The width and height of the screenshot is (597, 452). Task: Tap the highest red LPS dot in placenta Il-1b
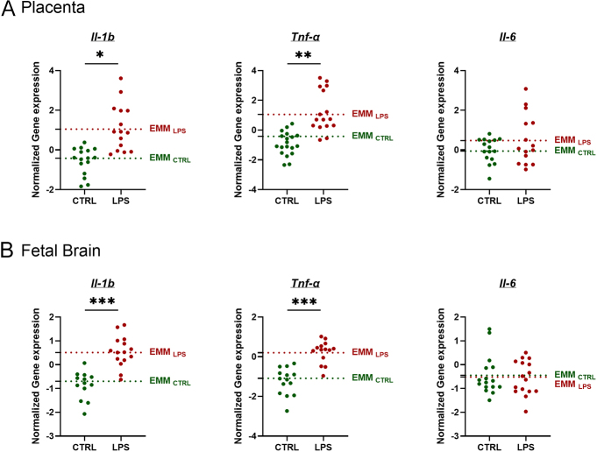120,79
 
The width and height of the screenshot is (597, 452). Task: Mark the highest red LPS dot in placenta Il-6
526,89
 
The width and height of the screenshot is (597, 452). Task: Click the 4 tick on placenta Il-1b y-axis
53,70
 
